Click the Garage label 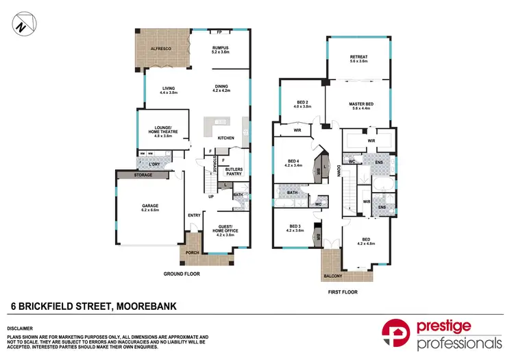coord(149,208)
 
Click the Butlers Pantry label coord(234,171)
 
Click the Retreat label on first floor coord(358,59)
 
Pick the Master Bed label coord(360,106)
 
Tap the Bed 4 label coord(294,163)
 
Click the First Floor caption coord(343,291)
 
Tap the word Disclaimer coord(19,329)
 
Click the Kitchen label coord(226,138)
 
